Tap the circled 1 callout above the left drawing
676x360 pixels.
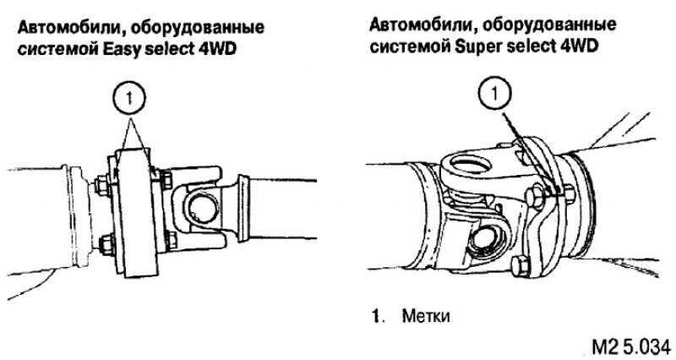click(129, 98)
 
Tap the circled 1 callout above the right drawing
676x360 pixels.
click(495, 94)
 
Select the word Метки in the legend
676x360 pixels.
click(426, 316)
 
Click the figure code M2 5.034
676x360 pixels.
click(630, 346)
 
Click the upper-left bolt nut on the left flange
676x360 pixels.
click(102, 183)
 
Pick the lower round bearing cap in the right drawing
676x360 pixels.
click(488, 239)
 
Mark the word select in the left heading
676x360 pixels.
click(166, 48)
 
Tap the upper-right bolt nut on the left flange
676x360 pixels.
click(166, 177)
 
